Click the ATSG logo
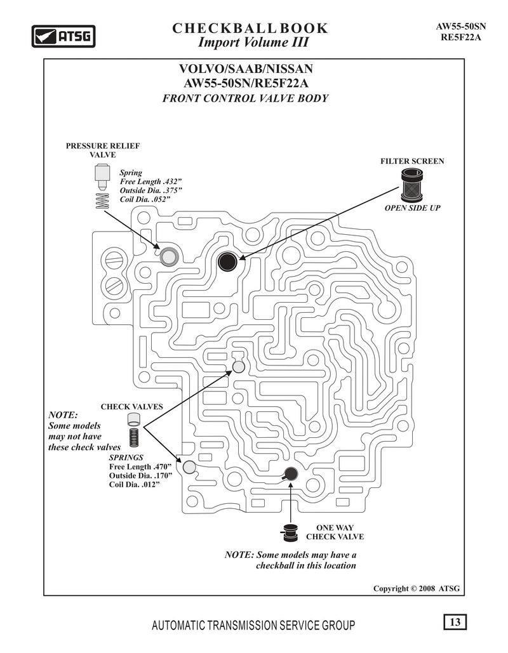(x=63, y=36)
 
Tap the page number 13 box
(x=455, y=622)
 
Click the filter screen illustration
(x=412, y=185)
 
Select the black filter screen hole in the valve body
(x=227, y=261)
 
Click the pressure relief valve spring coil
(x=102, y=202)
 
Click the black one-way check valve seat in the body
(x=290, y=474)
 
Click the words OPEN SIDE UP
(x=412, y=208)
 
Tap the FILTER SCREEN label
(x=412, y=161)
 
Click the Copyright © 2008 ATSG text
(x=417, y=588)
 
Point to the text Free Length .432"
(x=151, y=181)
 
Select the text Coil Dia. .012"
(x=135, y=484)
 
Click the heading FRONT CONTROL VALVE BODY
(x=246, y=98)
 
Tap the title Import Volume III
(x=253, y=42)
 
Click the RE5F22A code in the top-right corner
(x=461, y=37)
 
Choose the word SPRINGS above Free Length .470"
(x=126, y=458)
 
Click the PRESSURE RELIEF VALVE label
(x=102, y=150)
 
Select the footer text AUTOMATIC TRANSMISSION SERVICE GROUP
(x=253, y=625)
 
